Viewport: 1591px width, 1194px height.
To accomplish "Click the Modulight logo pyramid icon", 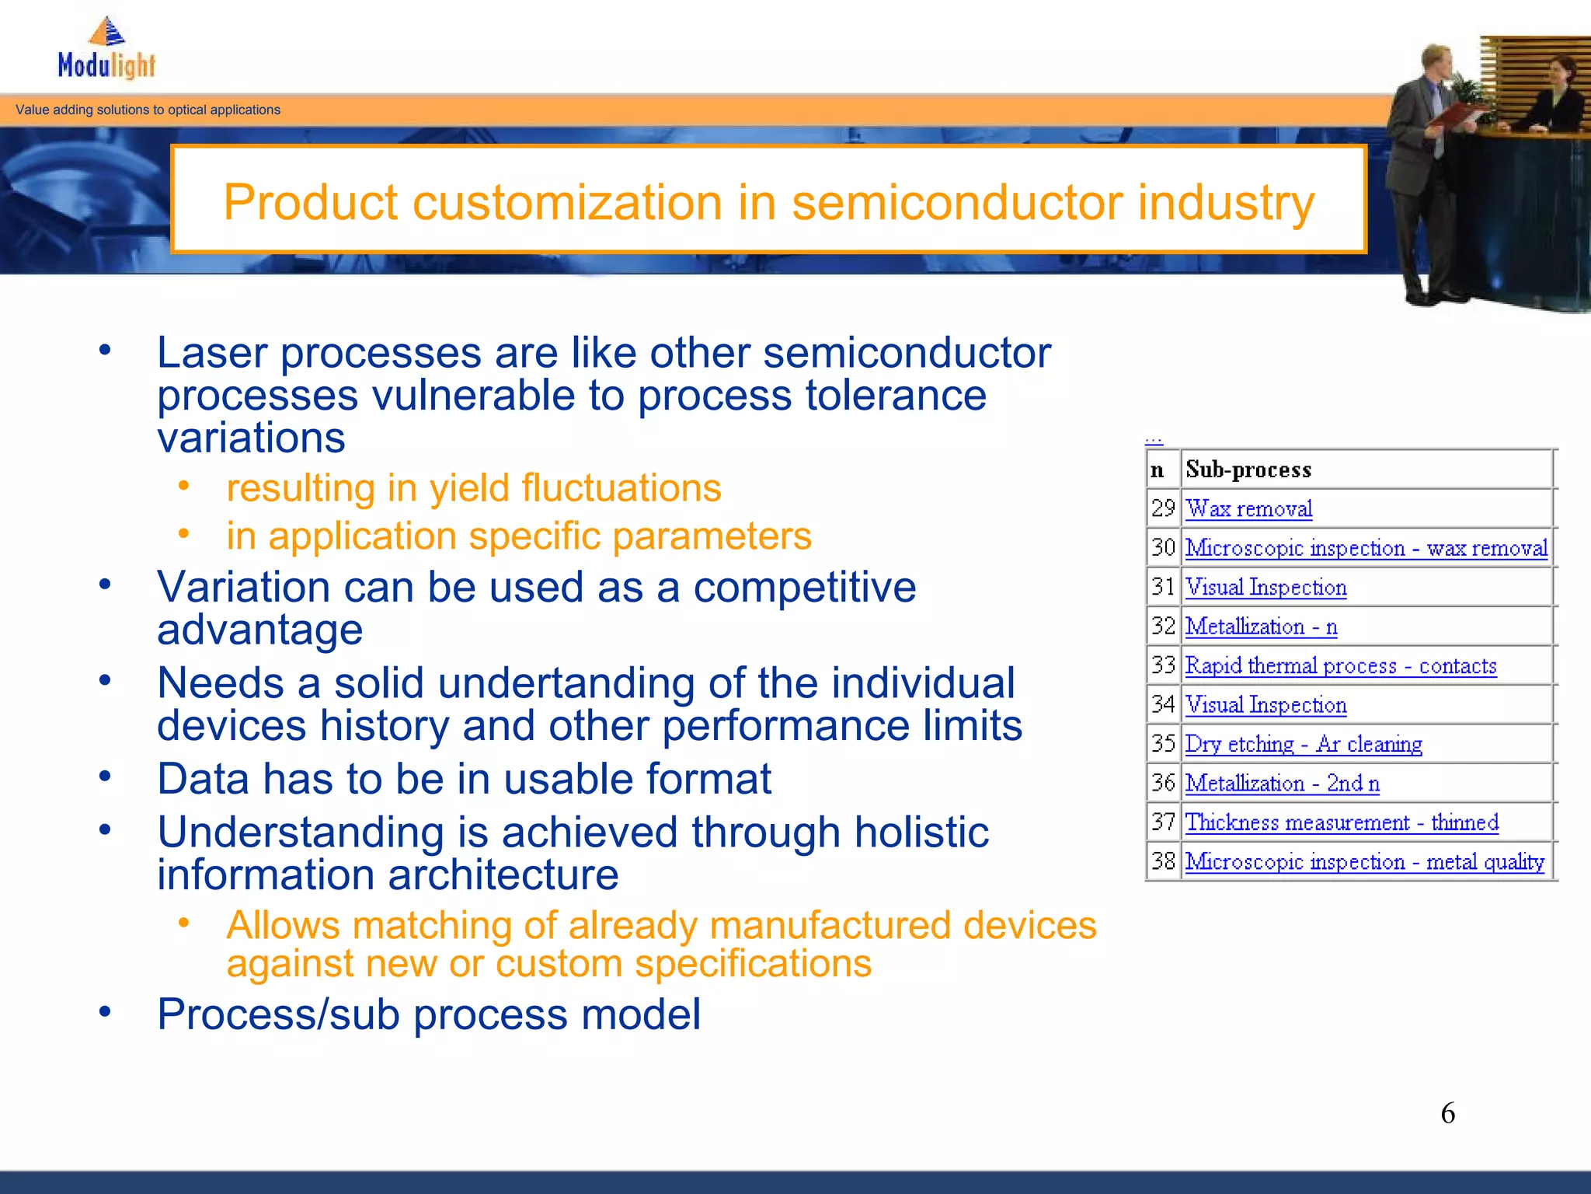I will tap(107, 32).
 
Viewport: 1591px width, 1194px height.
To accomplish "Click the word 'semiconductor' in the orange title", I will tap(957, 203).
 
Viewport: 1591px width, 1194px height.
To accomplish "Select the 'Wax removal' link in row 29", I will tap(1248, 509).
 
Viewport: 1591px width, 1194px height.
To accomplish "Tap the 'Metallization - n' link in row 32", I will tap(1261, 627).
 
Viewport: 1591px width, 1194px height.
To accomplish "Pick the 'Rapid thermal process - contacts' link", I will tap(1340, 666).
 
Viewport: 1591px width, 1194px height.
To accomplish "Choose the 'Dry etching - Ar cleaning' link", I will tap(1303, 745).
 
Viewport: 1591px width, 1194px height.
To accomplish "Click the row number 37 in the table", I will tap(1163, 822).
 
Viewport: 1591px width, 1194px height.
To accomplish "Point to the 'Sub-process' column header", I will tap(1248, 470).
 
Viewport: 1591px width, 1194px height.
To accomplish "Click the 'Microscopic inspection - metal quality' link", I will tap(1364, 862).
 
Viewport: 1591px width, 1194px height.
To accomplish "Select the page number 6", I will tap(1447, 1113).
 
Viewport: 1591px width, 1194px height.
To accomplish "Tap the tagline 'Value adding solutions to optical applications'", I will tap(148, 110).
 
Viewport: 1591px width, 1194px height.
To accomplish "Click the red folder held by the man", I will tap(1457, 117).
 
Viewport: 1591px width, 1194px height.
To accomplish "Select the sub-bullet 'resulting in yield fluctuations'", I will tap(473, 489).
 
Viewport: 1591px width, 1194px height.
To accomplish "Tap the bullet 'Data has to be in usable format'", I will tap(464, 779).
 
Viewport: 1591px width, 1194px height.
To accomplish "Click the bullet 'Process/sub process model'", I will tap(428, 1014).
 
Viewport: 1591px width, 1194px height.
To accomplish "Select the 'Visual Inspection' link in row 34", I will tap(1265, 705).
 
